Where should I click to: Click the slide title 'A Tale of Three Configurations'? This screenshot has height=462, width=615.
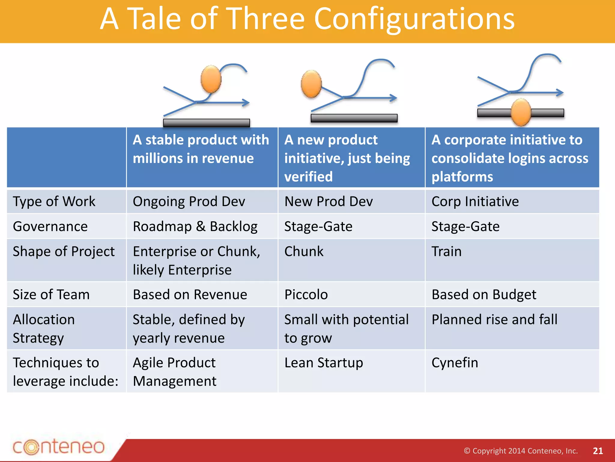307,19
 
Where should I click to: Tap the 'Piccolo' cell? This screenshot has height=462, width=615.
306,294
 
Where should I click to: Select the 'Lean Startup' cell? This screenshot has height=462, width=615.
323,363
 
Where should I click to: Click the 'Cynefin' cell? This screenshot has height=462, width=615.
455,363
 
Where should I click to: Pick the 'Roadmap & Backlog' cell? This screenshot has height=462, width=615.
195,226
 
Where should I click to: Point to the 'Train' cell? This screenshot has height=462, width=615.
446,251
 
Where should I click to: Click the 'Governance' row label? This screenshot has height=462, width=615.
50,226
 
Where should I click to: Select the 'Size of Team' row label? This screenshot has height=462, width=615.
51,294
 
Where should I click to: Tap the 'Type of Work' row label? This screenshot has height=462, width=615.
54,202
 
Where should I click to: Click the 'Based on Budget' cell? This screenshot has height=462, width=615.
484,294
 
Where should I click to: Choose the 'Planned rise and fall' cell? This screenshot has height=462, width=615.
494,319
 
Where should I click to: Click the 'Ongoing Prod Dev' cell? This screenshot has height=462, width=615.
189,202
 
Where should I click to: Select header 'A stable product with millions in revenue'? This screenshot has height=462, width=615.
201,149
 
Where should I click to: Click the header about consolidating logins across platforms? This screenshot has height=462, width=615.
510,158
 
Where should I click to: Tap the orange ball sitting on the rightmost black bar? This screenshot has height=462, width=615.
521,112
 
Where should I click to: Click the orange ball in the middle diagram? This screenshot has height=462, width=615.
311,84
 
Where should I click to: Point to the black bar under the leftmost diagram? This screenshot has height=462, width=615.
206,122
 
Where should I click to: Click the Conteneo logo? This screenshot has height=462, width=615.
59,447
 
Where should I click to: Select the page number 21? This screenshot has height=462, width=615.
598,451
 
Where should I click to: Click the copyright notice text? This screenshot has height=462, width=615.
520,451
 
